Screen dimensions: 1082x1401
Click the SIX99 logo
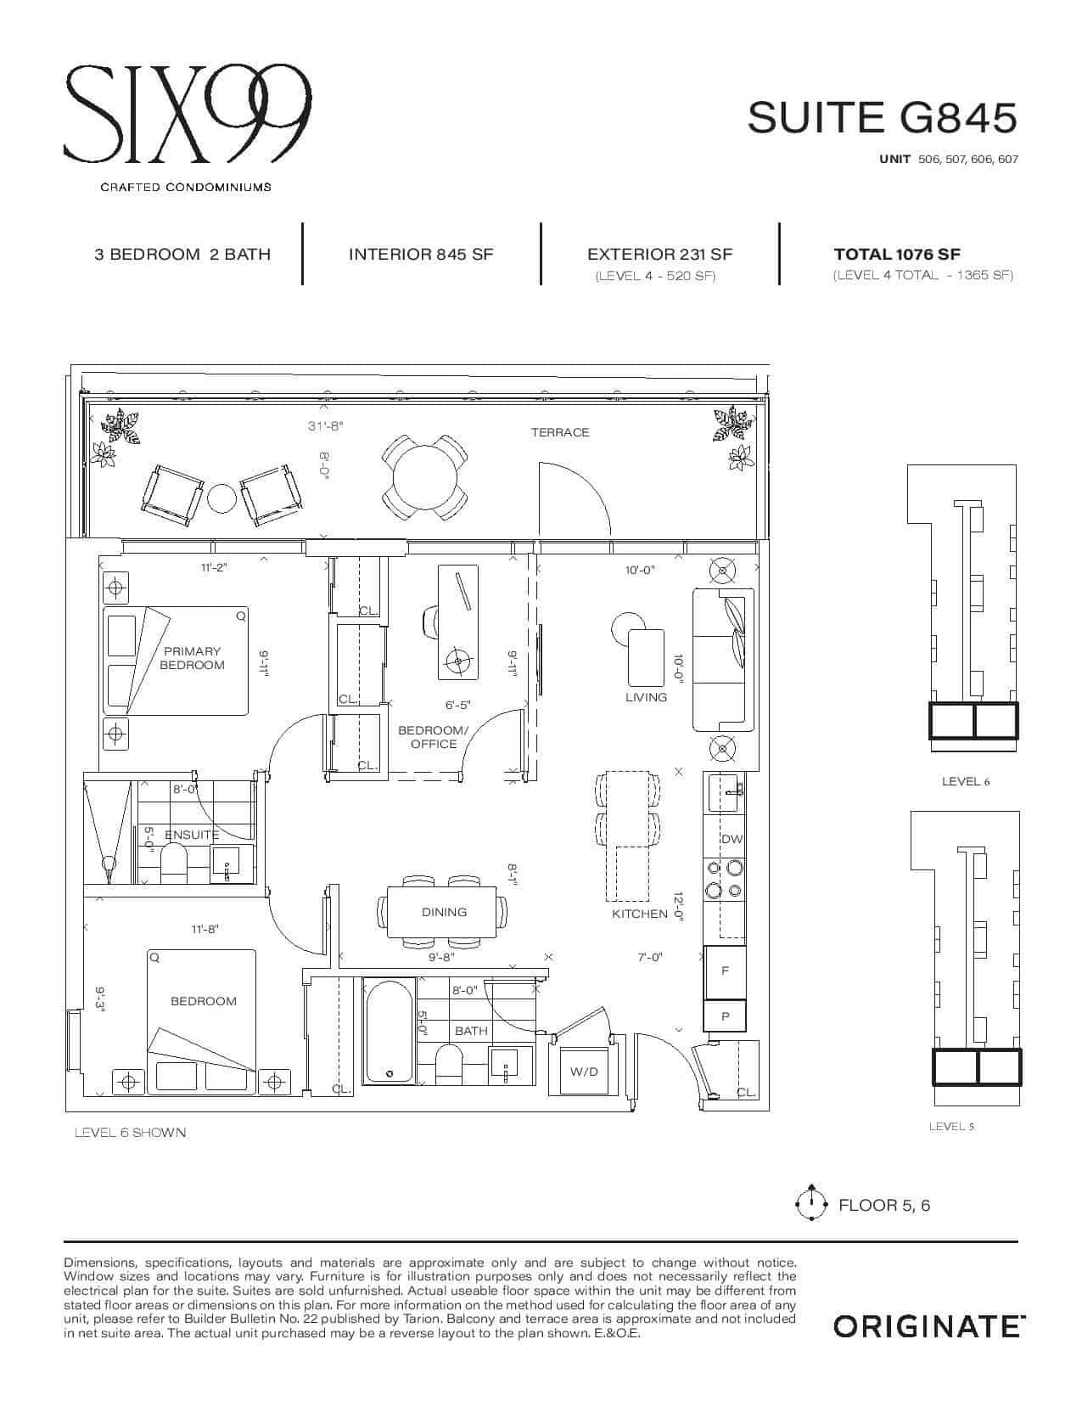(187, 114)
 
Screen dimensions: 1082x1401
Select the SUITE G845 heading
(883, 118)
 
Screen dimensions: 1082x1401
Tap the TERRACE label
(560, 432)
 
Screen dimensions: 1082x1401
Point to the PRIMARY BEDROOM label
(192, 658)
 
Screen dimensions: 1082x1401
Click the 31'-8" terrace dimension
(326, 425)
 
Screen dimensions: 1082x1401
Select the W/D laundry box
(585, 1071)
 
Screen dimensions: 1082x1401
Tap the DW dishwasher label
(732, 839)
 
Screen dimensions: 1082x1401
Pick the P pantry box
(725, 1016)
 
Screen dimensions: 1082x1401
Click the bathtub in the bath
(389, 1031)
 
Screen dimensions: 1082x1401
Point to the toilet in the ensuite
(173, 864)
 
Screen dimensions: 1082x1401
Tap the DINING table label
(444, 912)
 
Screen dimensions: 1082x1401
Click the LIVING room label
(646, 697)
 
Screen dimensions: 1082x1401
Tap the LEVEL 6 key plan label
(966, 781)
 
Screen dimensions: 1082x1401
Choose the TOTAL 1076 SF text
(897, 254)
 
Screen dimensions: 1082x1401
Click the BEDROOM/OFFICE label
(433, 737)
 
